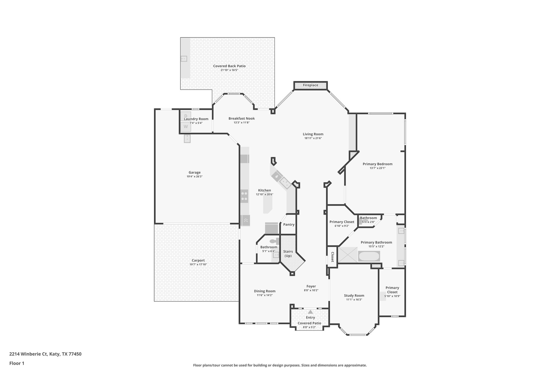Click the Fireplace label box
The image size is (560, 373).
tap(310, 85)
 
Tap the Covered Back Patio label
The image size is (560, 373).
tap(229, 66)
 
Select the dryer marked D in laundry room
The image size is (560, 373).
tap(186, 116)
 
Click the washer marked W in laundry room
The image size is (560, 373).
tap(186, 127)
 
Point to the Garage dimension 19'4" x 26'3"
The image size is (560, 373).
tap(194, 177)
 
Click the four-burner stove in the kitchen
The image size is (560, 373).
tap(244, 196)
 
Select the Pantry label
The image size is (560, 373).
tap(289, 225)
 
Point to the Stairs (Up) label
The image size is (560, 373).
tap(288, 254)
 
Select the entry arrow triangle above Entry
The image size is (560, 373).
tap(310, 312)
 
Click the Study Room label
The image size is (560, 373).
tap(354, 295)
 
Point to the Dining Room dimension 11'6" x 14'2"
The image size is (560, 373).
tap(264, 295)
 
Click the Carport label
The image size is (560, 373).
tap(198, 260)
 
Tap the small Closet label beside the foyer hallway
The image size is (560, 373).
tap(332, 257)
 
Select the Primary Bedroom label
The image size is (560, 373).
tap(377, 164)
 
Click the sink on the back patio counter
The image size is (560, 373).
tap(184, 58)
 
